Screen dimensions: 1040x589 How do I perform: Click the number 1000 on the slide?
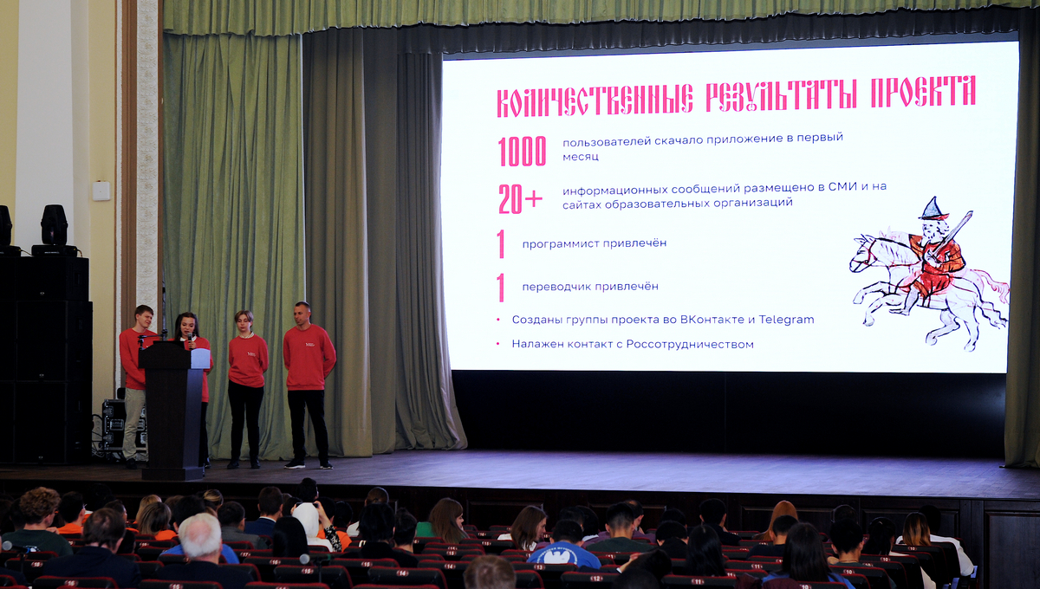(522, 152)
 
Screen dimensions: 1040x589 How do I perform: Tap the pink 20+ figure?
(520, 199)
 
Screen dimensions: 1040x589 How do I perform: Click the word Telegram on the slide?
(786, 320)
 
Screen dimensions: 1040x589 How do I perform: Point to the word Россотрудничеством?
(690, 345)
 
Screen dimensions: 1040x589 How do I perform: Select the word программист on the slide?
(558, 243)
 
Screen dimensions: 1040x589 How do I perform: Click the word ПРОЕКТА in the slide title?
(923, 92)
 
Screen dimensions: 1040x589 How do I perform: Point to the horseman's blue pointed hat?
(933, 210)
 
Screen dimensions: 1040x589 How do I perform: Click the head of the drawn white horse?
(862, 253)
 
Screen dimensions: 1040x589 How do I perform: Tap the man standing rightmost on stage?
(308, 385)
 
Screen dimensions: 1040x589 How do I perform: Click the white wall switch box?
(101, 191)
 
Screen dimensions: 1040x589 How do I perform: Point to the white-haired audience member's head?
(200, 536)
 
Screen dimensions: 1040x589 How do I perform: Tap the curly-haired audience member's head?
(39, 508)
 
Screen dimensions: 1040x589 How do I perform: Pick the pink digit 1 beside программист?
(501, 243)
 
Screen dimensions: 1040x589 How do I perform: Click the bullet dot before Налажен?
(498, 344)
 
